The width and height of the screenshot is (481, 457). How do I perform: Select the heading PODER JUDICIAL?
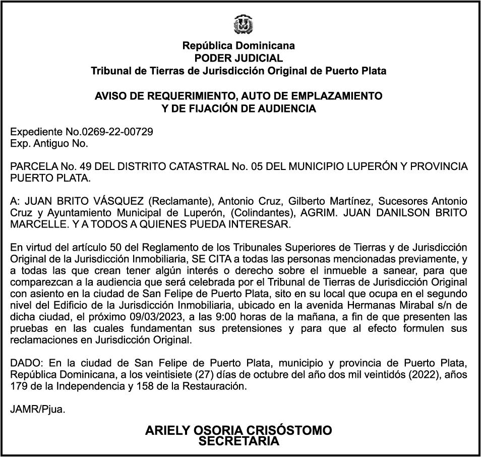click(238, 59)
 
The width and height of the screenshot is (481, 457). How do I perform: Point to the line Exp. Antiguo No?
click(49, 143)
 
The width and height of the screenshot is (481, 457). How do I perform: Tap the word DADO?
click(25, 364)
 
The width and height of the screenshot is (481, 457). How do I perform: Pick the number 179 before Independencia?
click(18, 386)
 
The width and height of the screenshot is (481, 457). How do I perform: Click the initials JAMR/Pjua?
click(38, 410)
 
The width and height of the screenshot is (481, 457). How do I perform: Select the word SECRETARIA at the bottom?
click(239, 441)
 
